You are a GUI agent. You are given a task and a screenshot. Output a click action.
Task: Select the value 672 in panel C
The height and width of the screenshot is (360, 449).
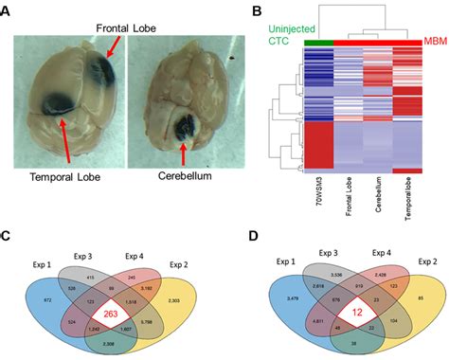[x=39, y=271]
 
